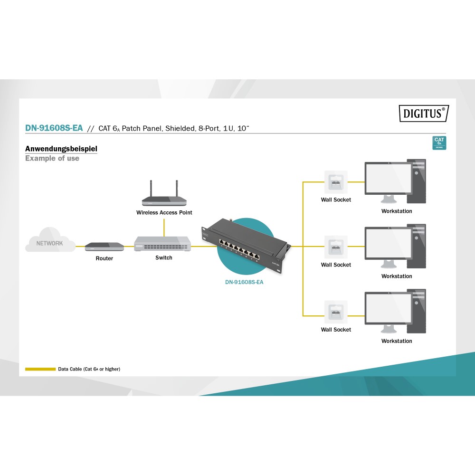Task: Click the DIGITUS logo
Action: [423, 113]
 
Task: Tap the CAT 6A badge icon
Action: [439, 142]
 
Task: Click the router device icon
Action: [104, 247]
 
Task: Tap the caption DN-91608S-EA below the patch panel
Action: [244, 282]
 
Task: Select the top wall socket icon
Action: [335, 182]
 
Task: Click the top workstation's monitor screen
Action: [388, 178]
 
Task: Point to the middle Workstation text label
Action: [397, 276]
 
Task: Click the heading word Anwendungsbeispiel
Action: [61, 149]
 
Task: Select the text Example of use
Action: [52, 158]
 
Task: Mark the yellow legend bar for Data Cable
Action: [40, 369]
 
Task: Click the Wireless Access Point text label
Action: [164, 212]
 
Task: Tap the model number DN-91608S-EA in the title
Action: [54, 128]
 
